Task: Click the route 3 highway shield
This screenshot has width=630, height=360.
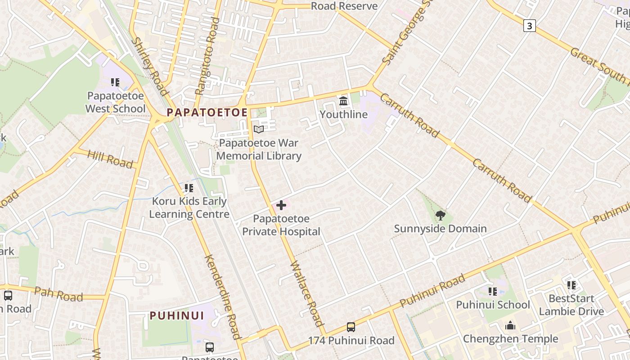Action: [x=529, y=26]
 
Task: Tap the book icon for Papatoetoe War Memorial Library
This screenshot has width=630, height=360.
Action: [x=259, y=130]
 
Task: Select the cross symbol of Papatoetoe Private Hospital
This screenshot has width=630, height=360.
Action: [x=281, y=206]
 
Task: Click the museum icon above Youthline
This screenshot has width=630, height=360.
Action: [x=344, y=101]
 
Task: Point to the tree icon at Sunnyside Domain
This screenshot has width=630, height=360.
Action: [x=441, y=216]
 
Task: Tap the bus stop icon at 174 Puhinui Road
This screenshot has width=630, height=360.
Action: [x=351, y=327]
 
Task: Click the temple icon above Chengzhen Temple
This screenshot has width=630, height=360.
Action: [x=510, y=325]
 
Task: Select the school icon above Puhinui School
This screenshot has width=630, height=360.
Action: [x=493, y=292]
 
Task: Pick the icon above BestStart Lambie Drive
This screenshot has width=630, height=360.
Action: [x=571, y=285]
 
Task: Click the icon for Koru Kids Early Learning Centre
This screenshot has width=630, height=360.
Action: [x=189, y=188]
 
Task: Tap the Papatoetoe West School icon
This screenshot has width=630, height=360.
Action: [x=115, y=83]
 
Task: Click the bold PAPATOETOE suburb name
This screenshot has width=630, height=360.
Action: [x=207, y=112]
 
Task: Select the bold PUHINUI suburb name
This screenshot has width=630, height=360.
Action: [x=177, y=315]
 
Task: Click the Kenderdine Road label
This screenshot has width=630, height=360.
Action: [x=222, y=297]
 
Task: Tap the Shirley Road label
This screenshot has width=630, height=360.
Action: [x=150, y=66]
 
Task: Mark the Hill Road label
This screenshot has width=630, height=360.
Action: [x=110, y=159]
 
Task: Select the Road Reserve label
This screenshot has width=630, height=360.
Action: [x=344, y=6]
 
